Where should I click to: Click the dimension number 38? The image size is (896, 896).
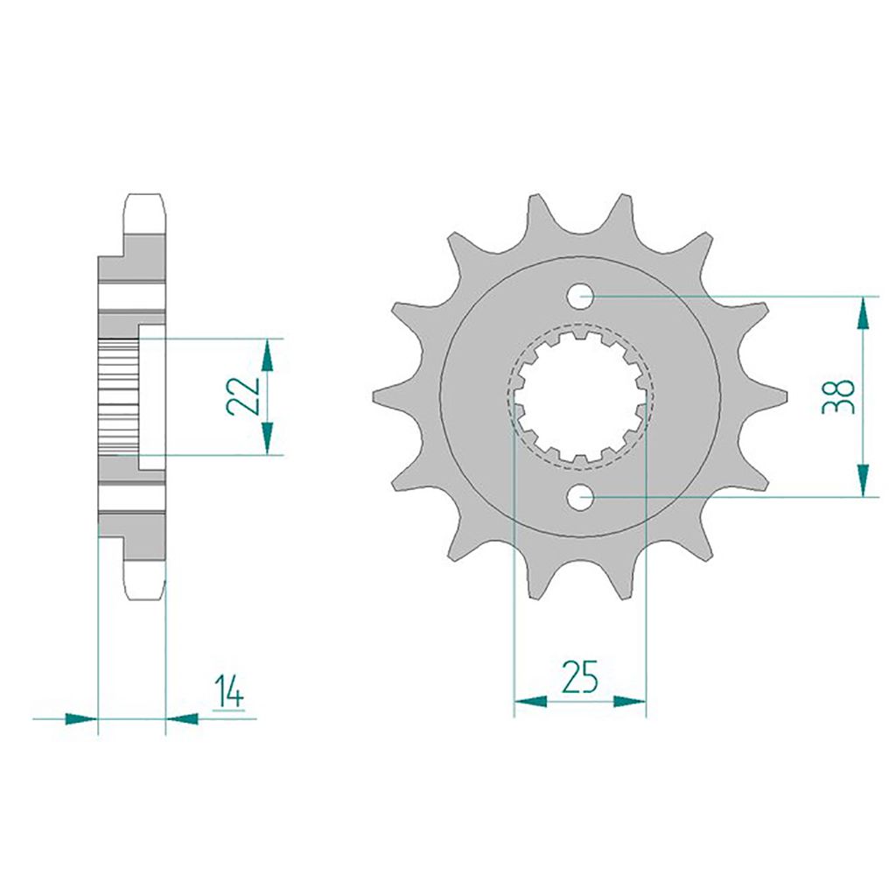click(x=837, y=396)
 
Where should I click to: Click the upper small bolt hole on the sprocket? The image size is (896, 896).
click(x=580, y=296)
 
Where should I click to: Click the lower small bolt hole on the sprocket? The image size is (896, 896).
click(x=580, y=497)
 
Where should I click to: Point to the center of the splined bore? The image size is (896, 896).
click(x=580, y=396)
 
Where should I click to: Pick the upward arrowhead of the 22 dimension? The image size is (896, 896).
click(x=267, y=355)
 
